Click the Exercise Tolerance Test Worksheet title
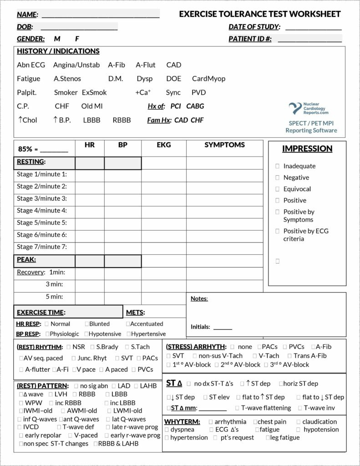259,14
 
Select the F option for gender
77,39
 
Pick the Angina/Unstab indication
76,65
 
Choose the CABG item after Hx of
195,106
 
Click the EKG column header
163,145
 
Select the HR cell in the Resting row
90,162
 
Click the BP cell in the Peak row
122,261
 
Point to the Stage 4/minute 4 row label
42,211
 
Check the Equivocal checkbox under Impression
278,189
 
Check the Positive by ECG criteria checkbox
278,231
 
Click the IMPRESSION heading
307,149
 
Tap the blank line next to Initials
223,327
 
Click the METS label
135,313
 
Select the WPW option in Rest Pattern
21,403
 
